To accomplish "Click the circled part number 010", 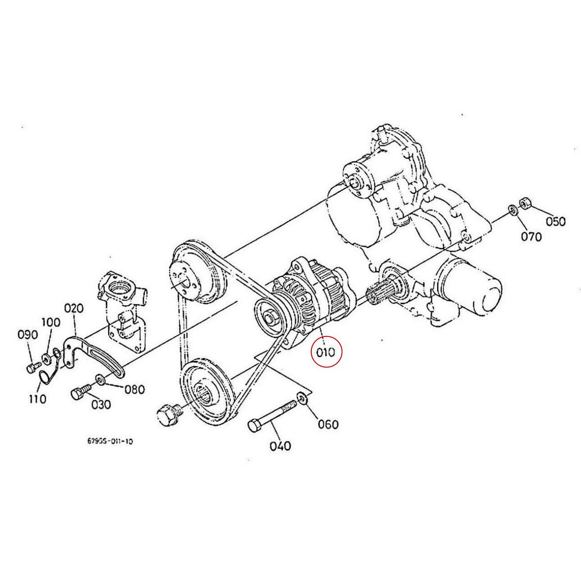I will pyautogui.click(x=325, y=352).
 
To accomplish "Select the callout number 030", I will pyautogui.click(x=101, y=404).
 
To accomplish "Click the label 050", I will pyautogui.click(x=555, y=222).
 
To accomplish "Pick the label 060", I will pyautogui.click(x=328, y=425).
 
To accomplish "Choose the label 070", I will pyautogui.click(x=531, y=237).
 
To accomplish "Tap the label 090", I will pyautogui.click(x=27, y=335).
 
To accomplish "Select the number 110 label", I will pyautogui.click(x=37, y=399).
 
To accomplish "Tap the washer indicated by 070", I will pyautogui.click(x=512, y=210).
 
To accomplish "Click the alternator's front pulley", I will pyautogui.click(x=269, y=320).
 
